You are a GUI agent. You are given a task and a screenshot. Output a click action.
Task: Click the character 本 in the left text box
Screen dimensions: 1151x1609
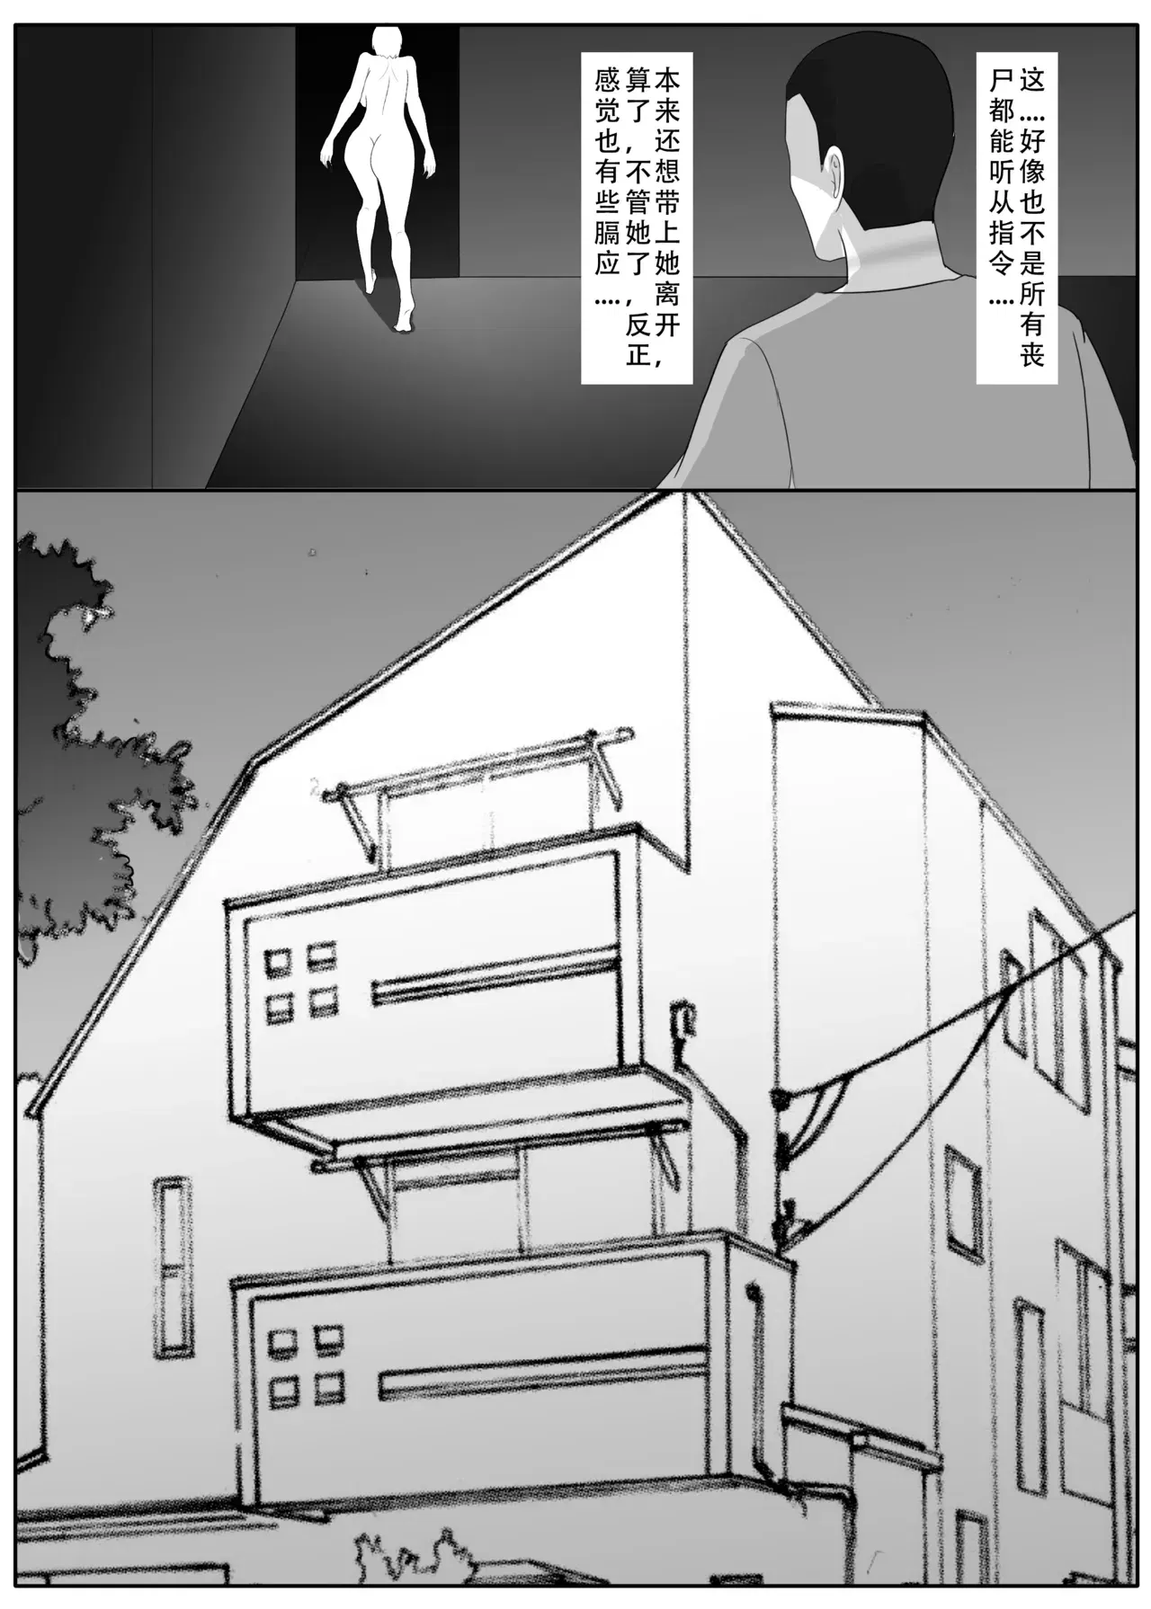(665, 82)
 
